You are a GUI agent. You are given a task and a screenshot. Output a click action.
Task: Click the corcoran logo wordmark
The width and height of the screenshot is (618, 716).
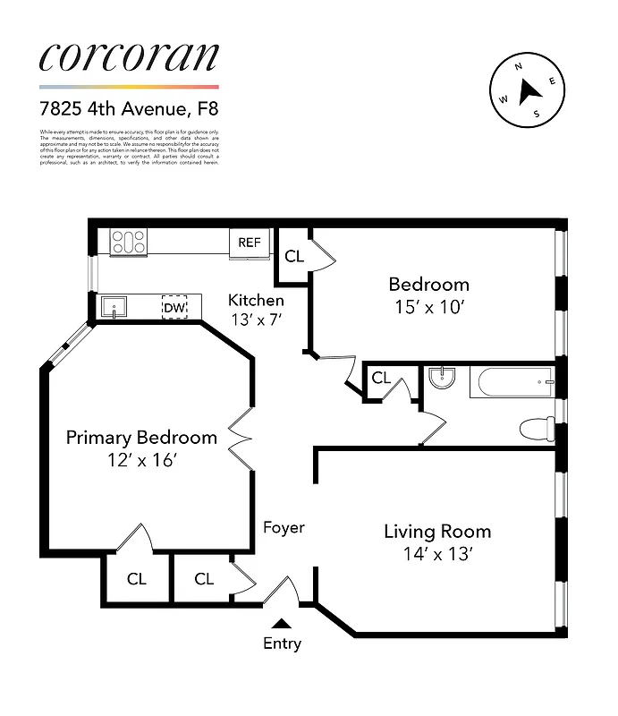(128, 56)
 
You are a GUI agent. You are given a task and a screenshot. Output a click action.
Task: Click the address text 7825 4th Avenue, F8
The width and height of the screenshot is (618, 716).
(128, 110)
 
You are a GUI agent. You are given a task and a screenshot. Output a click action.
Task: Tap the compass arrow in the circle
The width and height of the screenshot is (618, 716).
(529, 89)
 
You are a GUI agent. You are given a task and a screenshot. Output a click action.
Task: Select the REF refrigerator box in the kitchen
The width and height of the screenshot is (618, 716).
(248, 242)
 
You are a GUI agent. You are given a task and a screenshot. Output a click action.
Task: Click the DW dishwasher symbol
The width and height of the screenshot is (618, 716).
(175, 307)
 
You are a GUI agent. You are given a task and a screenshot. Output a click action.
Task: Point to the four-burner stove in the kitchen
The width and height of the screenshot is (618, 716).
(128, 242)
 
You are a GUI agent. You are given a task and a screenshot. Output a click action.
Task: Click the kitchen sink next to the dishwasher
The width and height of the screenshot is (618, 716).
(114, 307)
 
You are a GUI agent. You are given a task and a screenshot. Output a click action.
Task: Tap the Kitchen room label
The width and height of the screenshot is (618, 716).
(256, 300)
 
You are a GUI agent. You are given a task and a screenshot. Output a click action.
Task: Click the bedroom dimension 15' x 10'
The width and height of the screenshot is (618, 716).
(428, 306)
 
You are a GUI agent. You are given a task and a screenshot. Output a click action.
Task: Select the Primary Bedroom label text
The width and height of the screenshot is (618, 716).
(141, 438)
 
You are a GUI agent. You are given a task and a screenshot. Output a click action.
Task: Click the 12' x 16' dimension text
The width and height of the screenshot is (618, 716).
(141, 460)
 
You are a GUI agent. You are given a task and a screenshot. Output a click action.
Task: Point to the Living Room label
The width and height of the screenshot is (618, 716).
(437, 532)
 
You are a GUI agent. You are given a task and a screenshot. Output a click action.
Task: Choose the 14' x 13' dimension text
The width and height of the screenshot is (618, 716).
(437, 554)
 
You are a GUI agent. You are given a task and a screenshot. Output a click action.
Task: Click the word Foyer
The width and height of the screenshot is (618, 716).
(284, 527)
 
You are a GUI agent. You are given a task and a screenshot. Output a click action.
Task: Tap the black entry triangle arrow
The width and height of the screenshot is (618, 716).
(282, 624)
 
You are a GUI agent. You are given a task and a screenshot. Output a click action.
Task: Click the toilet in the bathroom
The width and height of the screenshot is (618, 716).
(537, 429)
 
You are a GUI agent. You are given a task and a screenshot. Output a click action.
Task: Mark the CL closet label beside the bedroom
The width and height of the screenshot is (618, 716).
(294, 256)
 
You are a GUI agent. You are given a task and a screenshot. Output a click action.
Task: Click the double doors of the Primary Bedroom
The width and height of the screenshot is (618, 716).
(240, 436)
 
